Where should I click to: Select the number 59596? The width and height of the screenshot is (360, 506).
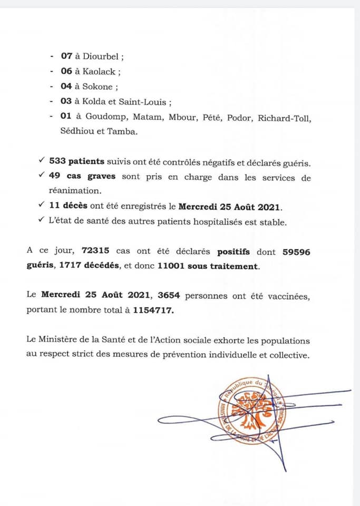point(296,252)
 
